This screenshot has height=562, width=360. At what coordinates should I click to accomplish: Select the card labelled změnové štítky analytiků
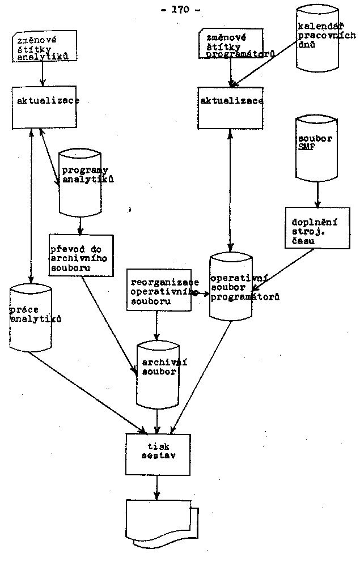tap(43, 47)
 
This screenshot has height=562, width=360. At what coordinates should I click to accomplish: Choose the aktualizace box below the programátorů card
tap(229, 107)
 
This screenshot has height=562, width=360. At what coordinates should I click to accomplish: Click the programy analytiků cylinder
tap(81, 183)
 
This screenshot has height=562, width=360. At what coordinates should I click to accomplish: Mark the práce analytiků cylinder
tap(31, 319)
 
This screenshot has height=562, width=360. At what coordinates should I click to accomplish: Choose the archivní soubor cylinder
tap(157, 374)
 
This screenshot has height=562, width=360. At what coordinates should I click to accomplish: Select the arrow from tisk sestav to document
tap(158, 487)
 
